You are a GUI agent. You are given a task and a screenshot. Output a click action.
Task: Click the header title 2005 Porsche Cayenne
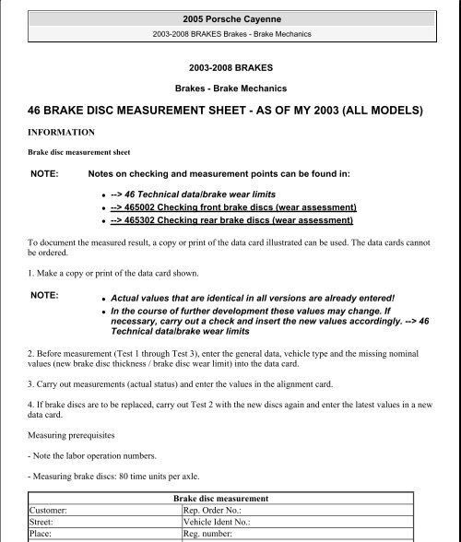tap(230, 17)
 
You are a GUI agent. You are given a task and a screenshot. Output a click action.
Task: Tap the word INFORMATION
tap(67, 133)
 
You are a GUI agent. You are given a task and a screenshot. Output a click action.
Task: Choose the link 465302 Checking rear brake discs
tap(231, 221)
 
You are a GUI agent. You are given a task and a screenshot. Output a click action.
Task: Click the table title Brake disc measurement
tap(230, 497)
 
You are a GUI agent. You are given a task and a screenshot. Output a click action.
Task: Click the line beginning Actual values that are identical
tap(252, 299)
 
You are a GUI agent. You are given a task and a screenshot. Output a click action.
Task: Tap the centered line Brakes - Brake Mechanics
tap(230, 88)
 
